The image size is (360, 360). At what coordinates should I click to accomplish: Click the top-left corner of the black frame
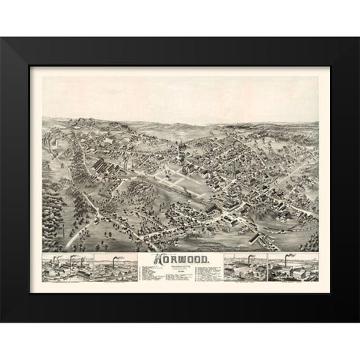coord(2,39)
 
